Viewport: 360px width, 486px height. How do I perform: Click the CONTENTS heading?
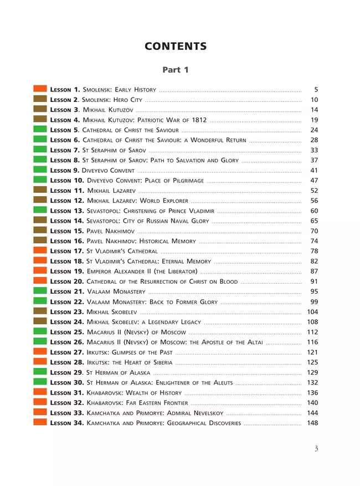(x=176, y=47)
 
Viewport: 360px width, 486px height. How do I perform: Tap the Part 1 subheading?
(x=176, y=70)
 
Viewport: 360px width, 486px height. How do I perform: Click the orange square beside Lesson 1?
(x=40, y=89)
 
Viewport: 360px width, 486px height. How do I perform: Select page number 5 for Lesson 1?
(x=316, y=89)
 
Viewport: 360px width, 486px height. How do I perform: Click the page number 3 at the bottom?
(x=316, y=449)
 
